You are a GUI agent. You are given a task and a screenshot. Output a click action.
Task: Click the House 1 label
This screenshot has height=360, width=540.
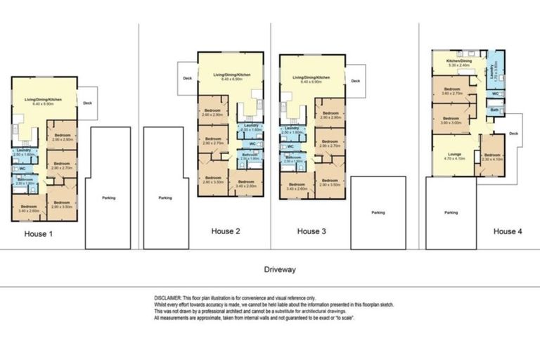pyautogui.click(x=38, y=233)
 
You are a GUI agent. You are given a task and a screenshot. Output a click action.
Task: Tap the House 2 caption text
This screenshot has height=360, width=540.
pyautogui.click(x=226, y=231)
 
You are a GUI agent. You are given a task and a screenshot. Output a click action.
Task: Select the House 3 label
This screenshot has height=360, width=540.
pyautogui.click(x=312, y=231)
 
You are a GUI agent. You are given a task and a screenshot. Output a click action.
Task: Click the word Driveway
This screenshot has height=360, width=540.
pyautogui.click(x=280, y=269)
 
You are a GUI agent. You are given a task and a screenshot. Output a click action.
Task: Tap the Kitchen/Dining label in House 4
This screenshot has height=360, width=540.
pyautogui.click(x=458, y=60)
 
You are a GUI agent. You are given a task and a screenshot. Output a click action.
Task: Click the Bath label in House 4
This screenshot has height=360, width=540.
pyautogui.click(x=494, y=110)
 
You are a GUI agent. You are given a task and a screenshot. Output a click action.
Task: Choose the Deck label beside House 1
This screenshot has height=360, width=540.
pyautogui.click(x=87, y=103)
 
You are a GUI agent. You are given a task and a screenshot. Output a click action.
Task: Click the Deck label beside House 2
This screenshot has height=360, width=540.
pyautogui.click(x=186, y=79)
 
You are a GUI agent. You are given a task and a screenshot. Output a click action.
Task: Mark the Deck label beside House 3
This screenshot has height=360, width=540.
pyautogui.click(x=355, y=81)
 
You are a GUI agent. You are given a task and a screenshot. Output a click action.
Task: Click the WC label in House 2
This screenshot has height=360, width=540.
pyautogui.click(x=252, y=144)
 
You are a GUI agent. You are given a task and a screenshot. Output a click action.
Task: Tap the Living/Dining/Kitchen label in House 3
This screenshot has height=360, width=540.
pyautogui.click(x=311, y=77)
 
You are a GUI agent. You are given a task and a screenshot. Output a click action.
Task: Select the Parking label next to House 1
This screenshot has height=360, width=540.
pyautogui.click(x=108, y=198)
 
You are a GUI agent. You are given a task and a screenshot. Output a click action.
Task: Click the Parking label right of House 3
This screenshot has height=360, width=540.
pyautogui.click(x=378, y=212)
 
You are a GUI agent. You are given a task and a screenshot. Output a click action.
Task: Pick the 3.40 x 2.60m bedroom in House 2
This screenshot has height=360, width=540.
pyautogui.click(x=246, y=183)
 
